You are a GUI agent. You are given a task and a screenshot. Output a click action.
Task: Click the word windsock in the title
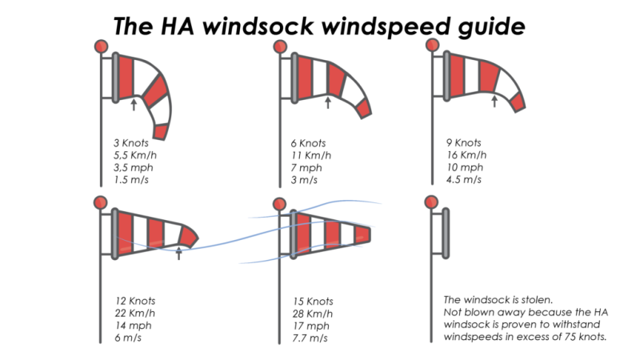[258, 26]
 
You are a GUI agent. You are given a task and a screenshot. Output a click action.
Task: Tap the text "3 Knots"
[131, 143]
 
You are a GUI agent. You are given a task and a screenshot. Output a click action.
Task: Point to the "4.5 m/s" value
[464, 179]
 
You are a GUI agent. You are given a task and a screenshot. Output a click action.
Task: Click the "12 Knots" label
[135, 302]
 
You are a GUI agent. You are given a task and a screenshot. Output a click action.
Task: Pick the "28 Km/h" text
[313, 314]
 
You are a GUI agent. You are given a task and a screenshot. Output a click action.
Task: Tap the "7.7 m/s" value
[310, 338]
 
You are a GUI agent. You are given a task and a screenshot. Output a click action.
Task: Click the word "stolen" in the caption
[536, 300]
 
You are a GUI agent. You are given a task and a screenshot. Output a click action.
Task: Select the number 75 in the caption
[570, 337]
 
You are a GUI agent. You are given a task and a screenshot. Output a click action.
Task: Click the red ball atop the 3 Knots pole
[102, 46]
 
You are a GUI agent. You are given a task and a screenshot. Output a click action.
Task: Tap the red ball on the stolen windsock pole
[431, 202]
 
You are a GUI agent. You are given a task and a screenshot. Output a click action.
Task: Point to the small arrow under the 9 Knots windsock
[494, 102]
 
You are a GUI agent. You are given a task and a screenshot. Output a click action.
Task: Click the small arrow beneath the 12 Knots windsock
[178, 253]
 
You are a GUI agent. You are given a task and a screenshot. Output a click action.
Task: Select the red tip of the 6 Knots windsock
[364, 109]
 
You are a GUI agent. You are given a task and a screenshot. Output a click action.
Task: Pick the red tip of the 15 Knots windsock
[362, 234]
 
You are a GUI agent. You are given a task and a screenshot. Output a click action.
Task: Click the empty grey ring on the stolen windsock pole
[446, 233]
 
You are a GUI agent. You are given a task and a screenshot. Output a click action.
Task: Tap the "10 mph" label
[465, 168]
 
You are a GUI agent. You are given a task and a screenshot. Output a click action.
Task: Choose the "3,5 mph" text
[134, 168]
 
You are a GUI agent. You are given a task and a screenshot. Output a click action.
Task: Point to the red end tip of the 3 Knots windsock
[161, 132]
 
